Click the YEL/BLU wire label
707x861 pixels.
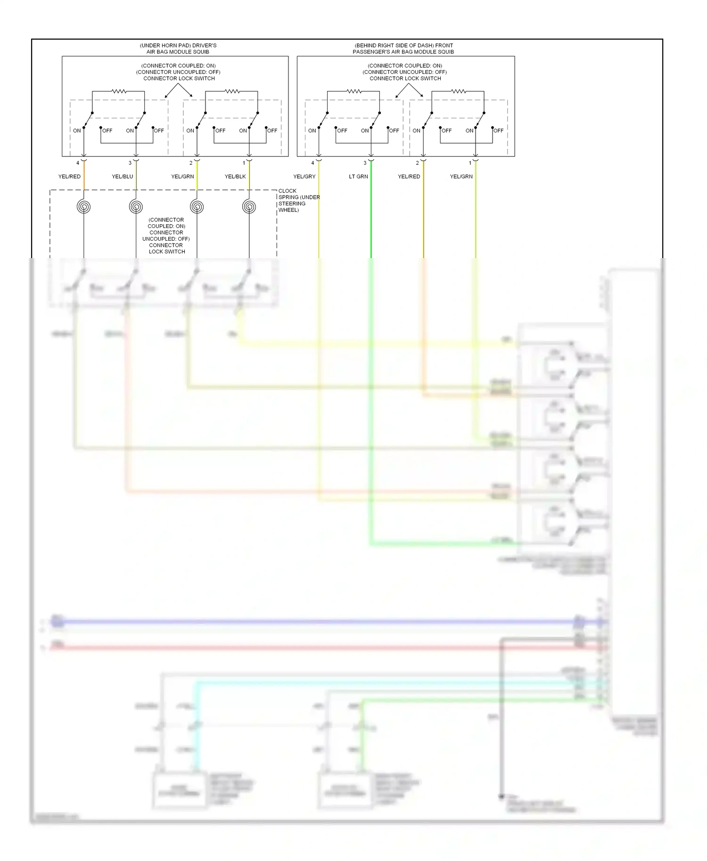tap(122, 177)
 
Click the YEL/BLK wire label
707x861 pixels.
tap(235, 177)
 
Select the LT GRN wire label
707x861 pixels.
tap(358, 177)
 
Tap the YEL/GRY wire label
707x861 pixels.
tap(304, 177)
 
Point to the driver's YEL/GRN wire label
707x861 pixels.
tap(182, 177)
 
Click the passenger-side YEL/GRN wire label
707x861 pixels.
tap(461, 177)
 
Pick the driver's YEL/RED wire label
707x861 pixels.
tap(69, 177)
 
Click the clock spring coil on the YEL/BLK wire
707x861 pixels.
tap(249, 207)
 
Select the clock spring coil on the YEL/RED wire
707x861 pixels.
tap(84, 207)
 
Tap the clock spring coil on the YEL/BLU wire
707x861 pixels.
tap(136, 207)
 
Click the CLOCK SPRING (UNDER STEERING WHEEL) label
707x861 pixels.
tap(298, 201)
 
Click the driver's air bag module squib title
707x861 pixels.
tap(178, 49)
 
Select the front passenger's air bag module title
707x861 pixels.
tap(403, 49)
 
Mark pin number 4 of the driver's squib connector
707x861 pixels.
tap(78, 163)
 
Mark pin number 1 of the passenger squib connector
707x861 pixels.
tap(470, 163)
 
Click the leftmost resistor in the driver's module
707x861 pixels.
tap(118, 91)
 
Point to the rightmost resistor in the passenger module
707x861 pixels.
tap(458, 91)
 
